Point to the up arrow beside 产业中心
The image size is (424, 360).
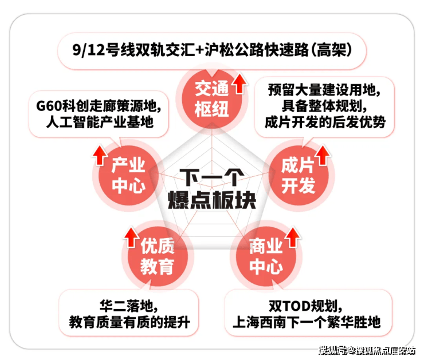pyautogui.click(x=100, y=153)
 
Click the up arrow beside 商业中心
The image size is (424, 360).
pyautogui.click(x=293, y=236)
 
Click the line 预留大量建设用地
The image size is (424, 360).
pyautogui.click(x=324, y=90)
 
